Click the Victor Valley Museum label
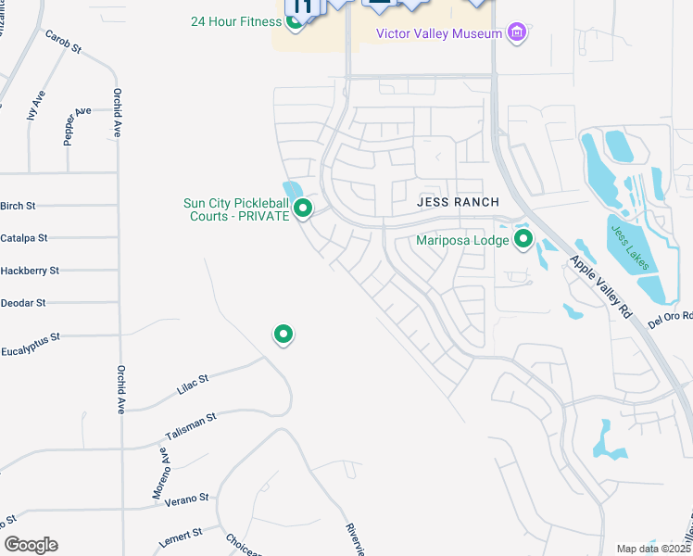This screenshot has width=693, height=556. point(439,33)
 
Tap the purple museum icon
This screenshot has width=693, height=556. point(517,33)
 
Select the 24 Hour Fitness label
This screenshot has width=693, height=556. point(234,21)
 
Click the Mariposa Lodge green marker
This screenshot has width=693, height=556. point(523,240)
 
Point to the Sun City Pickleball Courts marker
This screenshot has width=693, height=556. point(302,209)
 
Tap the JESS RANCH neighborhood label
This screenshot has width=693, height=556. point(458,202)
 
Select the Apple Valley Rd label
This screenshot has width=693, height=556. point(601,288)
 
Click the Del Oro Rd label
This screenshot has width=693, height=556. point(670,319)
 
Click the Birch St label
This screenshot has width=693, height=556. point(18,206)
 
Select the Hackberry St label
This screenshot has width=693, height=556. point(30,271)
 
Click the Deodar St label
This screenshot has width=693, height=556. point(23,303)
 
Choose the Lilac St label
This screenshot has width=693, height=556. point(192,384)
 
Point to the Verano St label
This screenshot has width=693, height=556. point(186,499)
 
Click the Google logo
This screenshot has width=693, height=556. point(31,545)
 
